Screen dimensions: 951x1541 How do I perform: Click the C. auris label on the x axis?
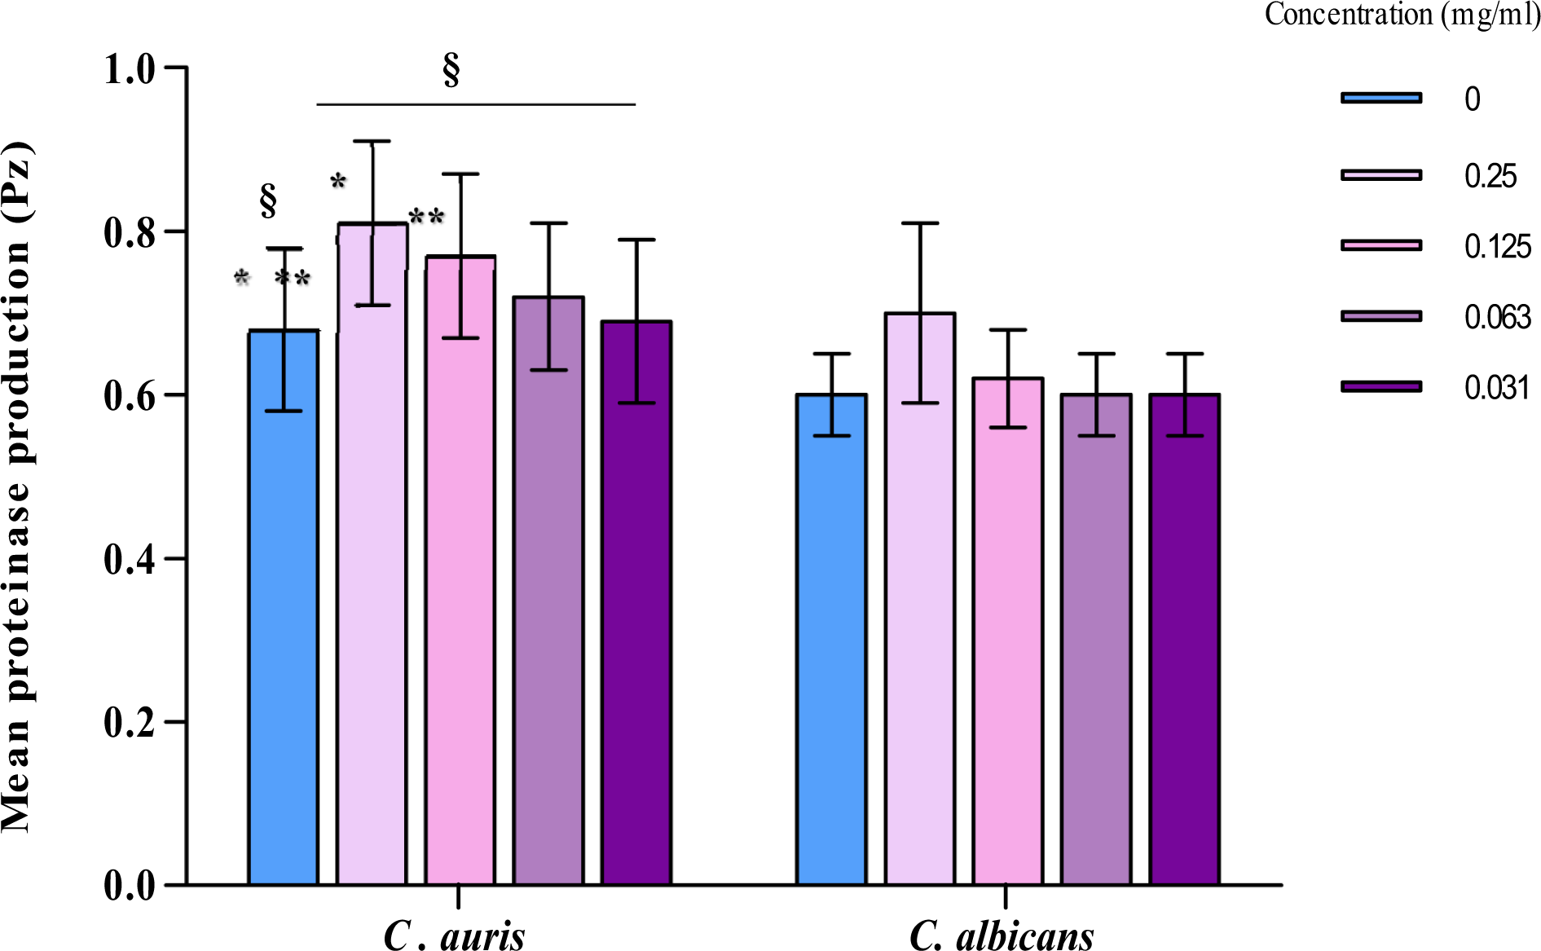coord(454,936)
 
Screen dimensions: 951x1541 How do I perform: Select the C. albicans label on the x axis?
coord(1002,936)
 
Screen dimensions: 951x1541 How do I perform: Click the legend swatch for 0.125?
coord(1381,245)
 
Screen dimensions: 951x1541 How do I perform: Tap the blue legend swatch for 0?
coord(1381,99)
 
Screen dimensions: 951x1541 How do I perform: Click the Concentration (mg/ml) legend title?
coord(1402,15)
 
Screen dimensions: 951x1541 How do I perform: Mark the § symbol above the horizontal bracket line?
coord(451,70)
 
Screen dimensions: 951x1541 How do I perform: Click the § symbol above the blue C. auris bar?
coord(268,200)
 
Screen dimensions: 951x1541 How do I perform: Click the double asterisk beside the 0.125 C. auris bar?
coord(426,217)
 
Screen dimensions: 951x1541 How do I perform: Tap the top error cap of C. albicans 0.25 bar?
coord(920,223)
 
